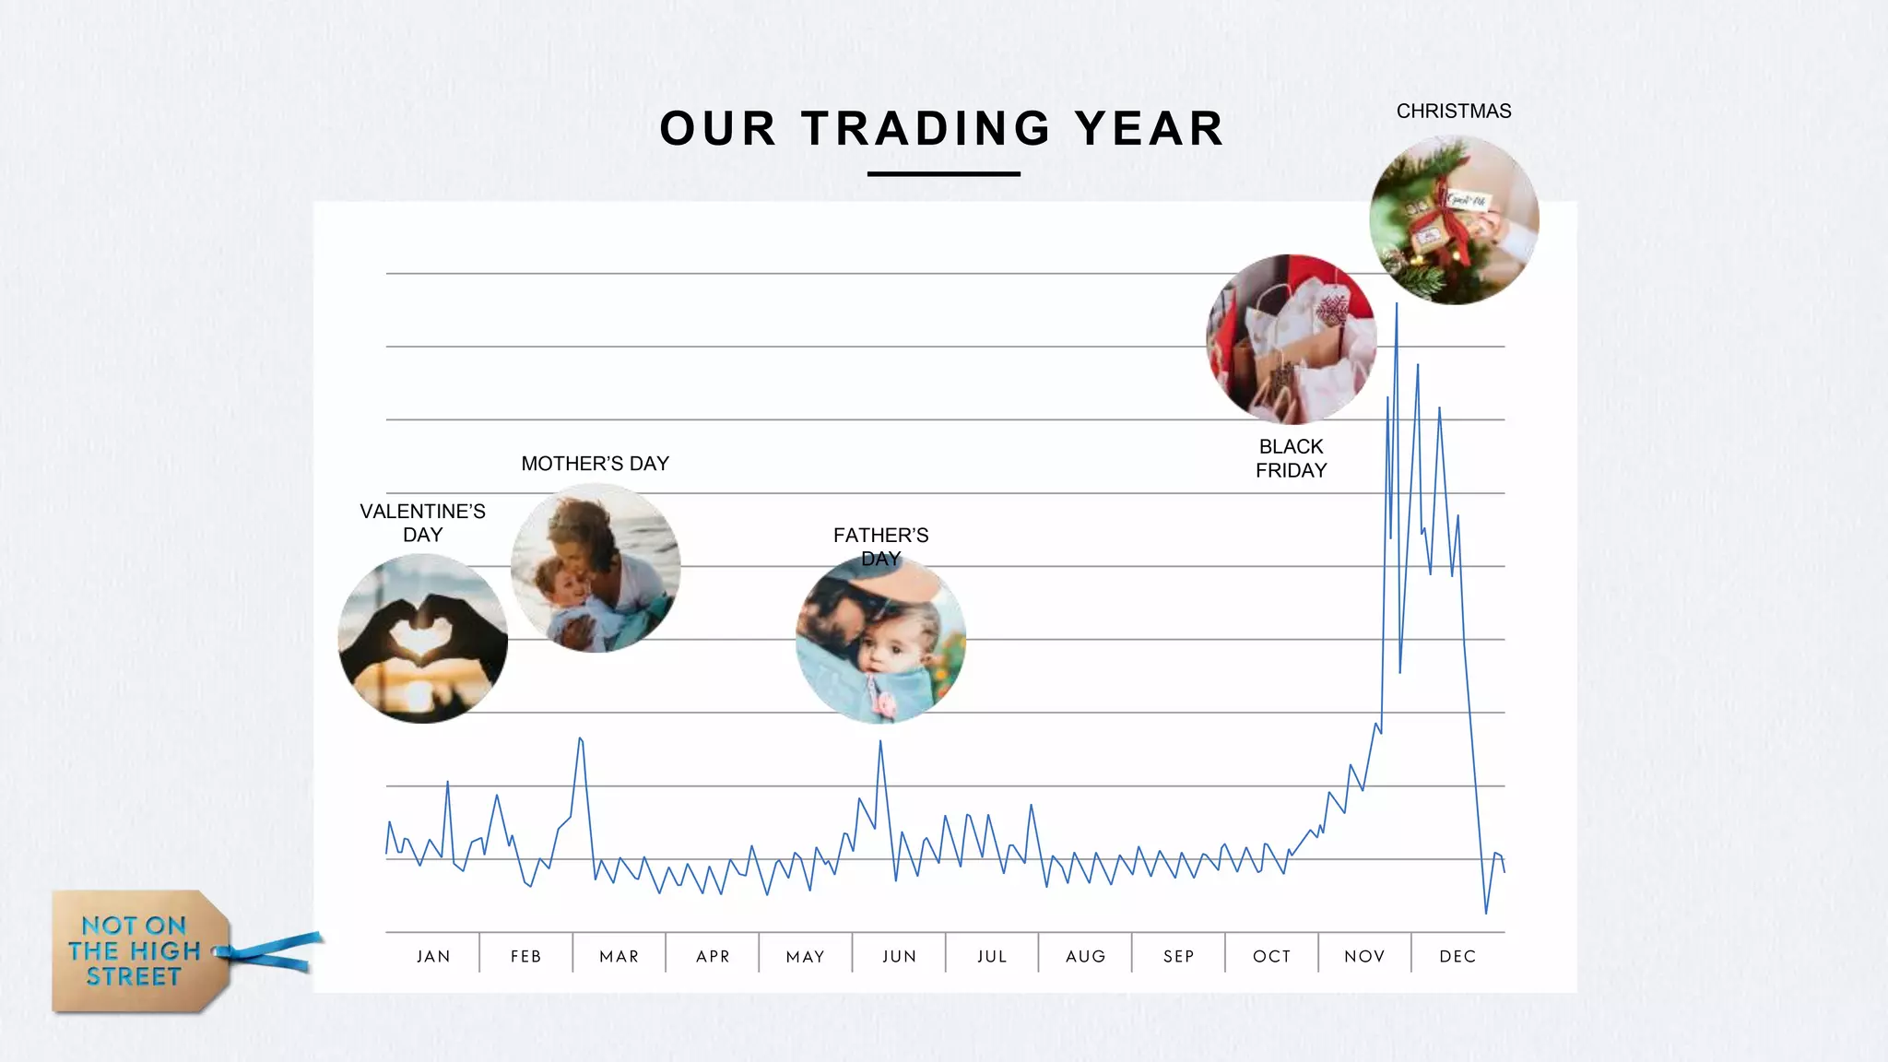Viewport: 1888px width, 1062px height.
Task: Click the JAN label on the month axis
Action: [x=433, y=956]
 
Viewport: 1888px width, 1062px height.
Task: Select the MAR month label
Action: [x=619, y=956]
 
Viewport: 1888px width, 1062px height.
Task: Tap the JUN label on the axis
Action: [x=899, y=956]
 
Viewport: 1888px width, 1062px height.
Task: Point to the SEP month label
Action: [x=1179, y=956]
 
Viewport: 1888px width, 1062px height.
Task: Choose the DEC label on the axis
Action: [x=1457, y=956]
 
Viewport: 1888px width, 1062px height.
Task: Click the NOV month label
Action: [x=1364, y=956]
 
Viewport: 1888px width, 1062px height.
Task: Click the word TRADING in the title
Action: [x=926, y=128]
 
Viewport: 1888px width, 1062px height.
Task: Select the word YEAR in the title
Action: [x=1150, y=128]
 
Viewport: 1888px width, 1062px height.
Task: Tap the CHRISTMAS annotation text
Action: [x=1454, y=112]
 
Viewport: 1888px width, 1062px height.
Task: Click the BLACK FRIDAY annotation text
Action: [x=1291, y=458]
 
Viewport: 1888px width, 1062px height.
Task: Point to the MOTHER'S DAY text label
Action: [x=595, y=464]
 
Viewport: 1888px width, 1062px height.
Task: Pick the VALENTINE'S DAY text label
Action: [x=422, y=523]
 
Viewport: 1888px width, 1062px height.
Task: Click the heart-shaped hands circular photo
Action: [x=423, y=639]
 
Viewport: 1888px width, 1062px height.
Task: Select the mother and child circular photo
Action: [x=596, y=568]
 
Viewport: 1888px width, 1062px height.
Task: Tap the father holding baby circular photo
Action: [x=880, y=639]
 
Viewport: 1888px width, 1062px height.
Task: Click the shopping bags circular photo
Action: [x=1291, y=339]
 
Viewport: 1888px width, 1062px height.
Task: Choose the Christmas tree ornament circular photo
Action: [x=1454, y=220]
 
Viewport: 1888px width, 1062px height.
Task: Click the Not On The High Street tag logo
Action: [x=138, y=951]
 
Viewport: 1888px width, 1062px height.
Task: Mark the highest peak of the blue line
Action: [x=1397, y=304]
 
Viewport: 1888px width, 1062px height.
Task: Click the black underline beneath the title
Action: [x=943, y=173]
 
